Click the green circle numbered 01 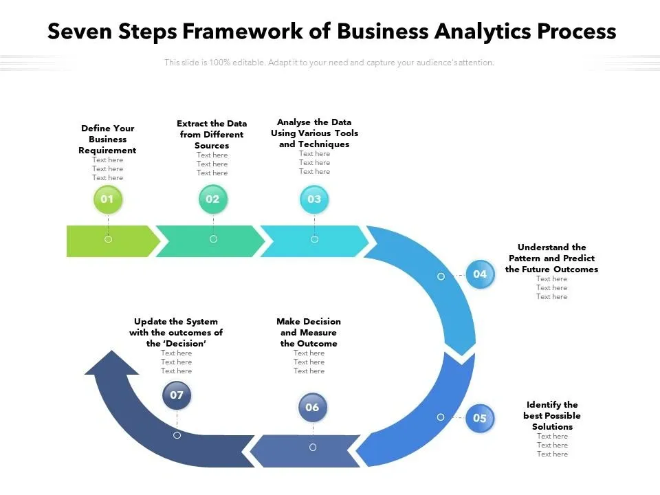pyautogui.click(x=107, y=199)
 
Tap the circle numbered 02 pyautogui.click(x=212, y=199)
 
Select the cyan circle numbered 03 pyautogui.click(x=314, y=199)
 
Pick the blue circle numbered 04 pyautogui.click(x=480, y=274)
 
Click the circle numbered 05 pyautogui.click(x=480, y=418)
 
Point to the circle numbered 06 pyautogui.click(x=312, y=408)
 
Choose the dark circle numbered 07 pyautogui.click(x=177, y=395)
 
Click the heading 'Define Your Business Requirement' pyautogui.click(x=107, y=139)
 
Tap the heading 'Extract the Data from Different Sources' pyautogui.click(x=212, y=134)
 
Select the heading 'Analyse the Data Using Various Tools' pyautogui.click(x=314, y=133)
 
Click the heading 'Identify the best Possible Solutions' pyautogui.click(x=552, y=415)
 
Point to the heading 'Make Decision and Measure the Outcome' pyautogui.click(x=309, y=332)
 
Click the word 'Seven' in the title pyautogui.click(x=77, y=32)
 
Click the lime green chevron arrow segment pyautogui.click(x=110, y=241)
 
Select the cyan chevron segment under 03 pyautogui.click(x=316, y=241)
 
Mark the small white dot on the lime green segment pyautogui.click(x=108, y=239)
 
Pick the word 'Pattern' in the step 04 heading pyautogui.click(x=525, y=258)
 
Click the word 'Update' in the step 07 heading pyautogui.click(x=150, y=321)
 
